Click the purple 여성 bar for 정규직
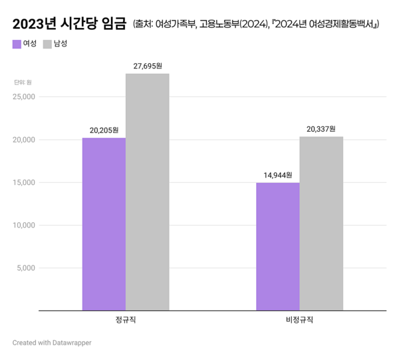(x=104, y=224)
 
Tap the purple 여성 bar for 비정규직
(x=277, y=246)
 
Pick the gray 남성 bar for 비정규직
(x=321, y=223)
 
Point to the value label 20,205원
(x=104, y=130)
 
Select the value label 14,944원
(x=277, y=175)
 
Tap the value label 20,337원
(x=321, y=129)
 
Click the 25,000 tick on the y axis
(x=25, y=97)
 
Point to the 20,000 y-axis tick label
(x=25, y=140)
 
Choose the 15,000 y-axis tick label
(x=25, y=182)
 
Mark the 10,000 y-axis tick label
(x=25, y=225)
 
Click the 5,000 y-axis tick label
(x=27, y=268)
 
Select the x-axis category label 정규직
(x=126, y=320)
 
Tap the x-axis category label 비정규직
(x=299, y=320)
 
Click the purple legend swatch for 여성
(x=17, y=44)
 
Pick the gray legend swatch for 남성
(x=47, y=44)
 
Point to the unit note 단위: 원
(x=23, y=82)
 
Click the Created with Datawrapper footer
(x=52, y=343)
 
